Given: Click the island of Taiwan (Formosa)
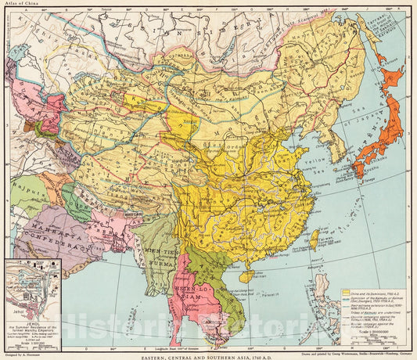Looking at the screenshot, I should tap(315, 238).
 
